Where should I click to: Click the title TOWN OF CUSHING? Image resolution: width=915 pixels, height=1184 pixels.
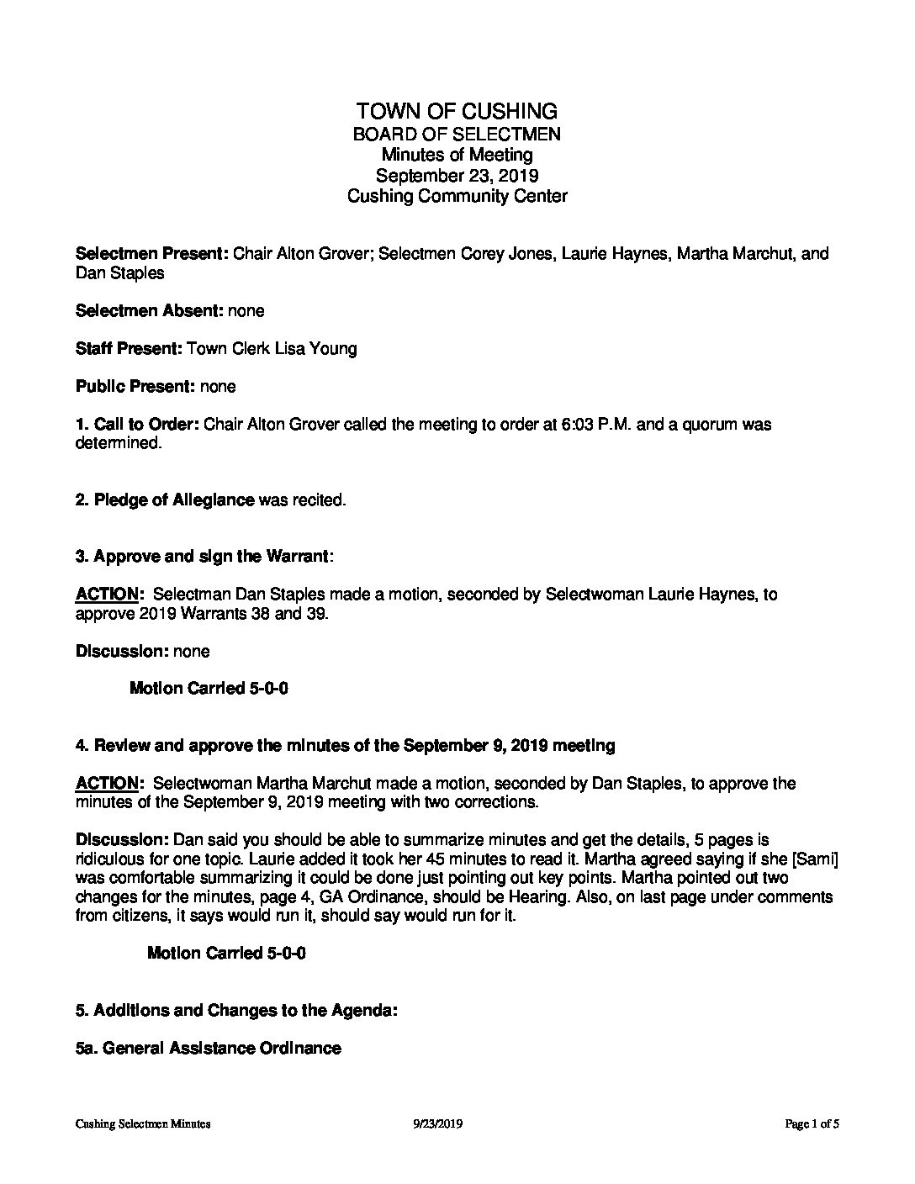point(457,111)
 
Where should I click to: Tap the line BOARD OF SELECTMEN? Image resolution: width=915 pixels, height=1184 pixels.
point(457,134)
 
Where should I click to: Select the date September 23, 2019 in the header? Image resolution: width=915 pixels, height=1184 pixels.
point(457,176)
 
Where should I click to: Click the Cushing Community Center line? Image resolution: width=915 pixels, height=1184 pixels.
point(457,197)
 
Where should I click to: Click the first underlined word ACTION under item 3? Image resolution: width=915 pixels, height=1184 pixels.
point(107,595)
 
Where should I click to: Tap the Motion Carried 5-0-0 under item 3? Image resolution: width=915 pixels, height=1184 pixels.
point(209,689)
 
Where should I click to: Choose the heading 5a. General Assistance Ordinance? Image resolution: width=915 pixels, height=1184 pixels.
point(209,1048)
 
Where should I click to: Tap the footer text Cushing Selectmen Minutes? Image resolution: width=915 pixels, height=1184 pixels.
point(142,1123)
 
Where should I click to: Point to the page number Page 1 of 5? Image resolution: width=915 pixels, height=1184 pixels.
point(812,1123)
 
